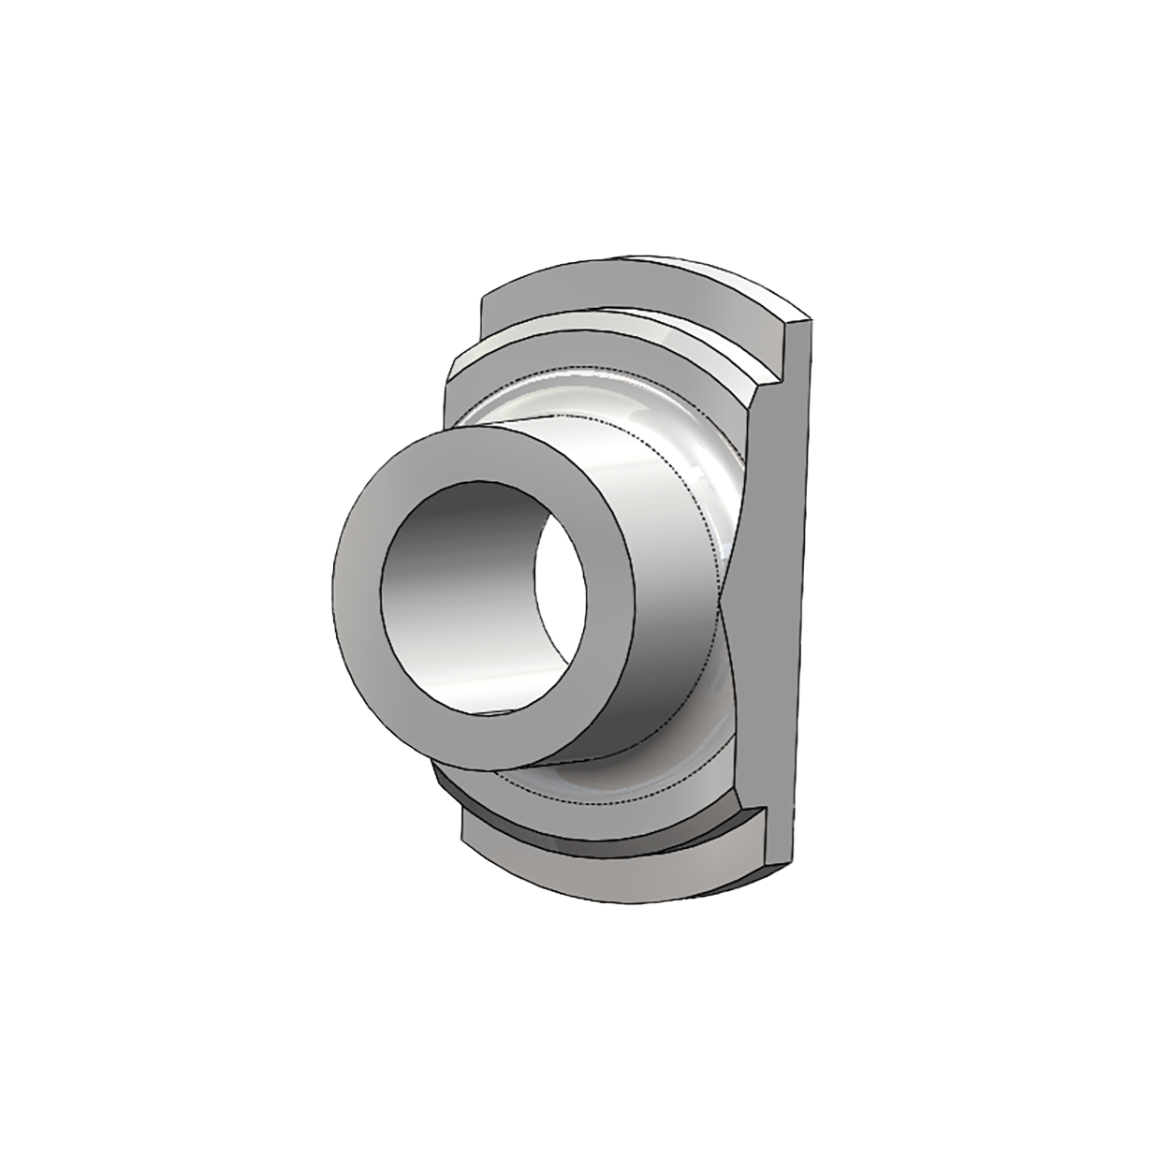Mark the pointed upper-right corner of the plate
pyautogui.click(x=808, y=323)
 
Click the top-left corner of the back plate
pyautogui.click(x=482, y=298)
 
